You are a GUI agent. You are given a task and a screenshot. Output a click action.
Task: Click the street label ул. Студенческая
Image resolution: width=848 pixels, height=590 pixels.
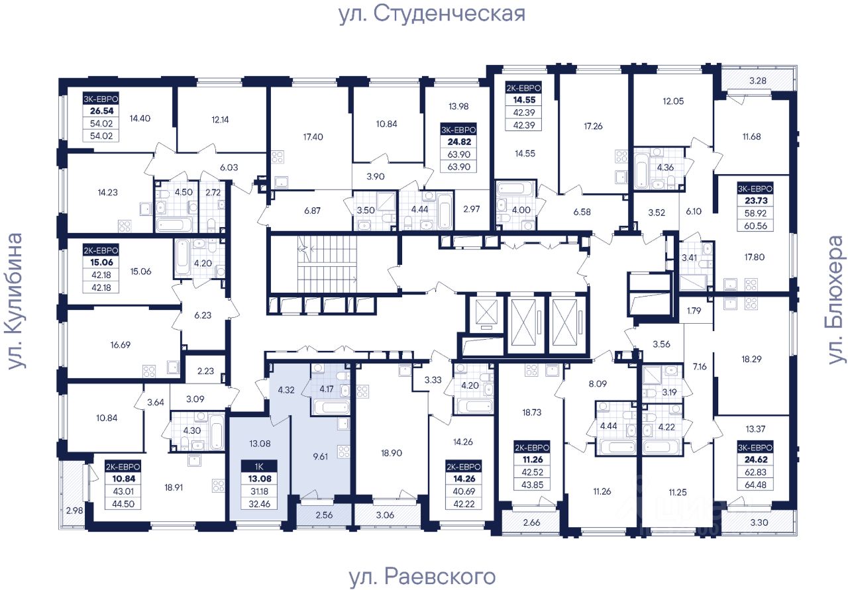point(431,14)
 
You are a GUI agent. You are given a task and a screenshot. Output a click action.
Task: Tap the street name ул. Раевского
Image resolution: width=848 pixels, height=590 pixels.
point(422,576)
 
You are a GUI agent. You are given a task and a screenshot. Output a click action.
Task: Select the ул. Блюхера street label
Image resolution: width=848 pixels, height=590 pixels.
point(837,299)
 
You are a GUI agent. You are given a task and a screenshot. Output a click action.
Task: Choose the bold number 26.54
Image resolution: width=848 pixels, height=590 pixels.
point(100,111)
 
